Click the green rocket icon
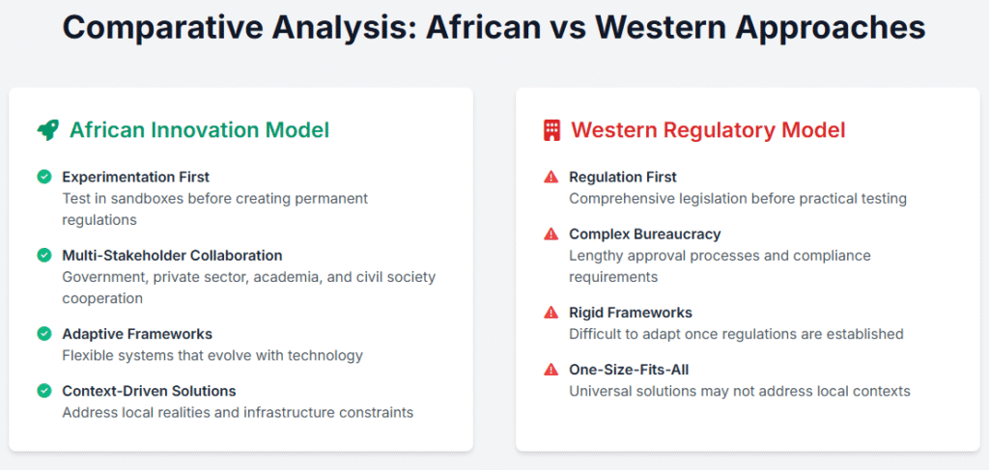47,130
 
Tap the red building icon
551,130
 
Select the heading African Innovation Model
199,130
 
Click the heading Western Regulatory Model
708,130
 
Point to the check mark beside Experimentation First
44,177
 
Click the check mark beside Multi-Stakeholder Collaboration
44,255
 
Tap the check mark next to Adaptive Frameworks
44,333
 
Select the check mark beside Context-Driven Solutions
44,391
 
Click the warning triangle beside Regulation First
551,177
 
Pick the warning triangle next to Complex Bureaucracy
551,235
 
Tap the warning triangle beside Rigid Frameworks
551,313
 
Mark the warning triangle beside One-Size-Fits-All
551,370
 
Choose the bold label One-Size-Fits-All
629,370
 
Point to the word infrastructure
285,412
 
